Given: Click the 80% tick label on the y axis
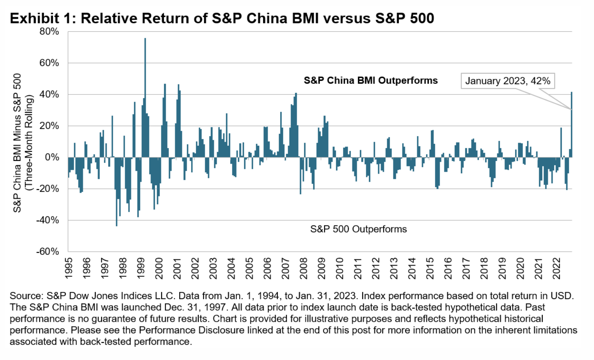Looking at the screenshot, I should [x=49, y=31].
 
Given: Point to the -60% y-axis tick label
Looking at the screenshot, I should [x=47, y=252].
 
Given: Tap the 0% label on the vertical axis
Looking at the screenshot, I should [x=52, y=157].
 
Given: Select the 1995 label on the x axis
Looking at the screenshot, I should [x=68, y=268].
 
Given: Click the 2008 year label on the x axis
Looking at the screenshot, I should [x=304, y=268].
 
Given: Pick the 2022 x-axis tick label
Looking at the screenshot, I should [x=557, y=268].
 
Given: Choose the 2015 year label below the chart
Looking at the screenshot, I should [x=430, y=268].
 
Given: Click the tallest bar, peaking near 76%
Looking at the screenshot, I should [x=145, y=96].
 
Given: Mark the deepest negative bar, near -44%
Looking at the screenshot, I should [x=117, y=191].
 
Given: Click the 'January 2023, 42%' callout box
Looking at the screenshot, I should [x=508, y=81].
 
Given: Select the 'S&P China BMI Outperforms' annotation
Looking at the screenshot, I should [x=371, y=80].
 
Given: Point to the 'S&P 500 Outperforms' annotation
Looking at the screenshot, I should [x=358, y=229].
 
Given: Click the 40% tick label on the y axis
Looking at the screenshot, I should [x=49, y=94].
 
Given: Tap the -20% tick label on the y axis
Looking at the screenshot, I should [x=47, y=189].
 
